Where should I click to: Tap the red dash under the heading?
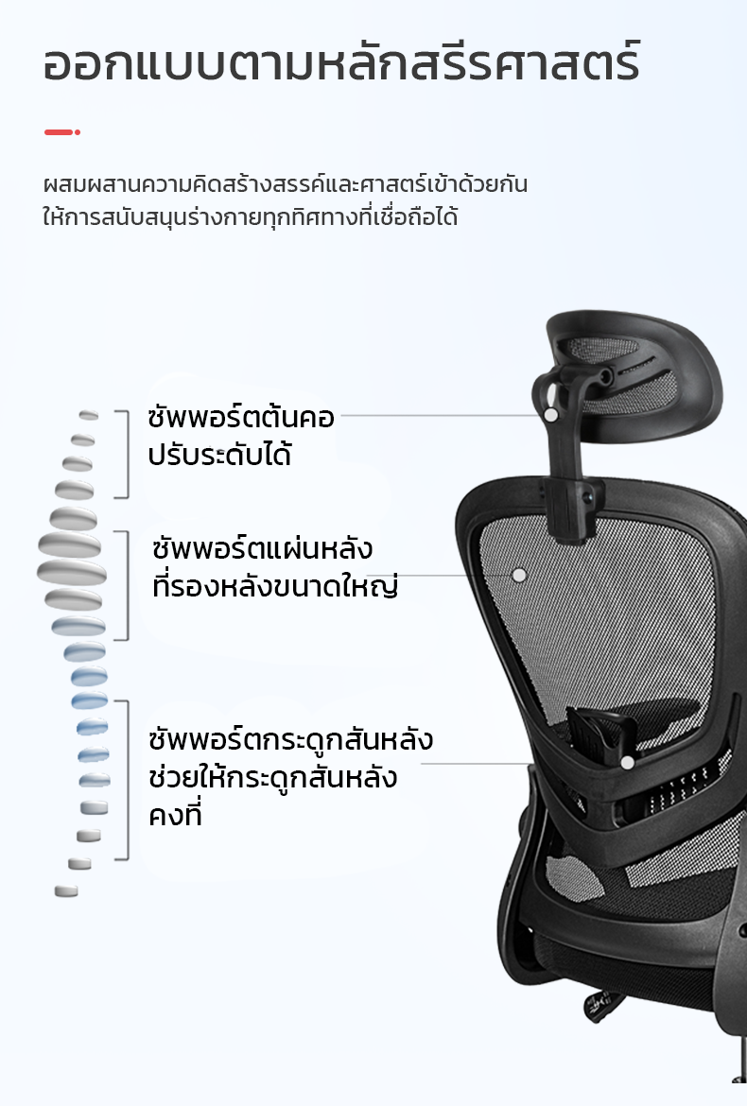coord(62,132)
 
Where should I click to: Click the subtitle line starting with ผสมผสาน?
coord(285,184)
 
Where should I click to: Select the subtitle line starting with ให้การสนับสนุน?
coord(250,216)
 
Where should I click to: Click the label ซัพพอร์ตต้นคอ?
coord(240,417)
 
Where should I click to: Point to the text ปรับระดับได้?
coord(219,455)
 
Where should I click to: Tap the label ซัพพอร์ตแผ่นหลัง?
coord(262,549)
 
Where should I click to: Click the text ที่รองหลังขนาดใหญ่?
coord(275,587)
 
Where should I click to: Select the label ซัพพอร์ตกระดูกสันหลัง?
coord(290,740)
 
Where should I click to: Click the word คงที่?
coord(175,816)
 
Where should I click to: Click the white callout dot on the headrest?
coord(551,415)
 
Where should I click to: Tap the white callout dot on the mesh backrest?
coord(519,576)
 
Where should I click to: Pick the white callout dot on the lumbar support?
coord(627,763)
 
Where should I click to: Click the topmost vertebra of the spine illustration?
coord(89,415)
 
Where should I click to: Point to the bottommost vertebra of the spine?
coord(66,890)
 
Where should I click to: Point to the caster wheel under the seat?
coord(602,1003)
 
